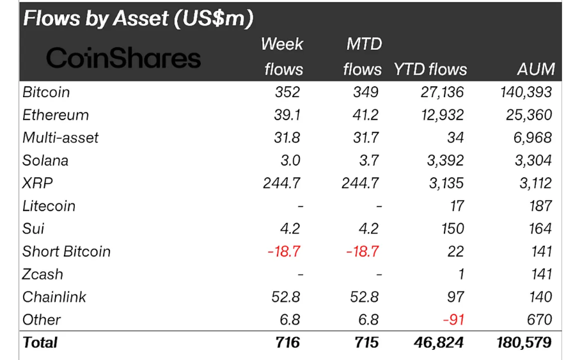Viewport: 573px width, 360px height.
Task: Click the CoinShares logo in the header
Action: [123, 59]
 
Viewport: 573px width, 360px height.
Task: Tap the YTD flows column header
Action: [430, 69]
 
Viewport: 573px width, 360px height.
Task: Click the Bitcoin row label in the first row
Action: [46, 92]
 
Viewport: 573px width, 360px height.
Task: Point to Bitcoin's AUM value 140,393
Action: [525, 92]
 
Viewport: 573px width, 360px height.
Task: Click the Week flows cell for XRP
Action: [281, 184]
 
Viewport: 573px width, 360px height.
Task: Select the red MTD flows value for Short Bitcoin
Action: [362, 251]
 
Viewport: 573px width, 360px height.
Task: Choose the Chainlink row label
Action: [54, 297]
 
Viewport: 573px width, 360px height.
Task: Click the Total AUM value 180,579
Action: [524, 343]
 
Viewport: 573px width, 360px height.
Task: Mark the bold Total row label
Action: [40, 343]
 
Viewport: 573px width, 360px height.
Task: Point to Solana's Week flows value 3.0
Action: [289, 160]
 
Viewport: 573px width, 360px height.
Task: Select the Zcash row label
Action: [43, 274]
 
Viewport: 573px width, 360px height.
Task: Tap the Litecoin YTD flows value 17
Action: [455, 206]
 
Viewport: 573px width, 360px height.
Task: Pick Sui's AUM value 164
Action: [540, 229]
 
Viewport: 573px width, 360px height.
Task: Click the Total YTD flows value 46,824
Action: [438, 343]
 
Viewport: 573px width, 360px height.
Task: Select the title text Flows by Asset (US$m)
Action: [138, 19]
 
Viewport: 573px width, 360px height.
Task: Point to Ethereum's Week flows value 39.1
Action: [286, 115]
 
